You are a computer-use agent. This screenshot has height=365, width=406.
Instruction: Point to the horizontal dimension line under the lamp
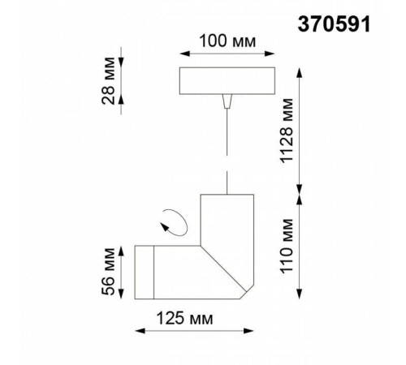[x=196, y=330]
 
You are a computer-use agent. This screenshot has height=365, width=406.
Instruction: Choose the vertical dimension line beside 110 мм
[x=301, y=247]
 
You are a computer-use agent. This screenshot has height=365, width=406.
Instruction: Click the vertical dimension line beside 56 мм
[x=121, y=270]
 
